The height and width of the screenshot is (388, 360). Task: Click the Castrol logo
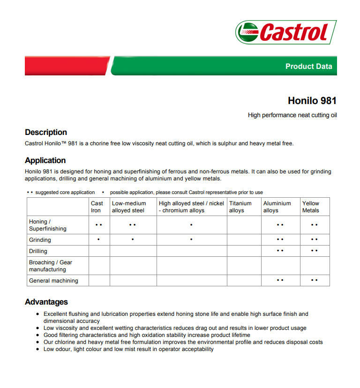click(286, 32)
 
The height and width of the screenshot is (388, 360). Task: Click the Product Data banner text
click(308, 66)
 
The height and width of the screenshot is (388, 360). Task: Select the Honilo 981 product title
click(312, 101)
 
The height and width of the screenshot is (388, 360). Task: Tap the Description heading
click(46, 133)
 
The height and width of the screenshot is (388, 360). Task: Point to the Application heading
click(45, 161)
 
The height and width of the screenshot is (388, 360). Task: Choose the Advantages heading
click(46, 302)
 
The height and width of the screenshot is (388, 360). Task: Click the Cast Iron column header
click(97, 207)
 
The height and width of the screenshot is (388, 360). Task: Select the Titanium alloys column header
click(240, 207)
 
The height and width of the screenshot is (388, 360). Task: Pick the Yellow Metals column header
click(310, 207)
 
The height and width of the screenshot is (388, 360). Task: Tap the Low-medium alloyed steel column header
click(129, 207)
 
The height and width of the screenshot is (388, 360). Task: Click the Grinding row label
click(40, 240)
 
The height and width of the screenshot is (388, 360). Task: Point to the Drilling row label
click(38, 251)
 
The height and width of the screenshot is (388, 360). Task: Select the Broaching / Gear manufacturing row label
click(51, 266)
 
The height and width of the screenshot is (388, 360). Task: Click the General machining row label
click(53, 281)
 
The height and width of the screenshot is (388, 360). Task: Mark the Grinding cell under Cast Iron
click(98, 240)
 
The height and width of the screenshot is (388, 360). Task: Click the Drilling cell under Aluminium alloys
click(280, 251)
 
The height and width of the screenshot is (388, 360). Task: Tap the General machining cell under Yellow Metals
click(314, 280)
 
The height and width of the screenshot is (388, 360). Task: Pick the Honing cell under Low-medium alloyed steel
click(133, 225)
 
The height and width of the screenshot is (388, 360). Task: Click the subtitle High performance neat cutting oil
click(292, 115)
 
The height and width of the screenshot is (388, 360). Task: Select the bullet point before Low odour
click(38, 350)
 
